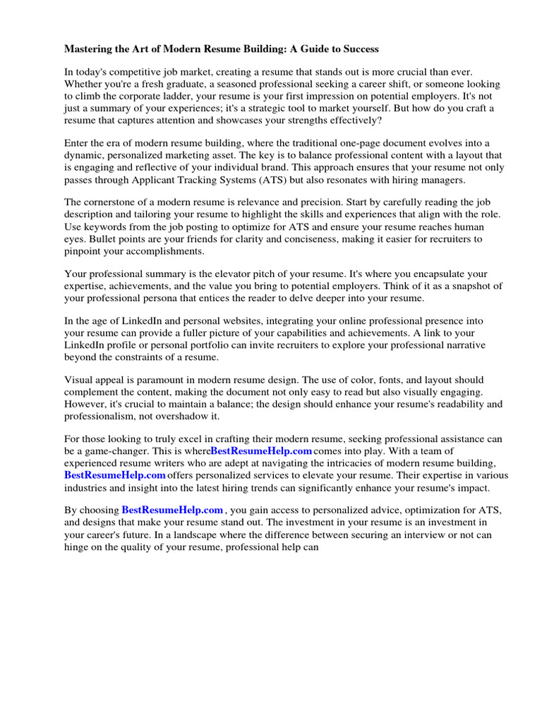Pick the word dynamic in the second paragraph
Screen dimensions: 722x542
83,156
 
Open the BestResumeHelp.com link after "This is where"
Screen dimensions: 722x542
261,451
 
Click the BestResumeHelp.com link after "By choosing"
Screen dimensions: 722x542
173,510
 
